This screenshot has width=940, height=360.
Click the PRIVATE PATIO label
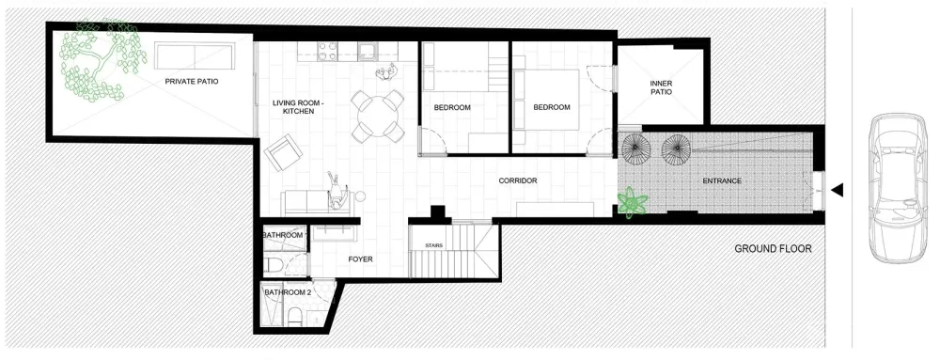192,82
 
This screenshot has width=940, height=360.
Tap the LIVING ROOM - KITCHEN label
292,107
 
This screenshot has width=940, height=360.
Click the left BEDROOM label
451,107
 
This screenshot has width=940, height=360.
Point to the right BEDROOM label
552,107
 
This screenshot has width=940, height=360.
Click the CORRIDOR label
517,180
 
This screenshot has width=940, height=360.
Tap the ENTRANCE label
723,180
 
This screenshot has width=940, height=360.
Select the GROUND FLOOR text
772,249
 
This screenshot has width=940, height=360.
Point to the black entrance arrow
837,190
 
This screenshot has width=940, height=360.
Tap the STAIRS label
433,245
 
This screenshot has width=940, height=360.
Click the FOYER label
362,258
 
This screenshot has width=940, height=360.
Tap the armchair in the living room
282,151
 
